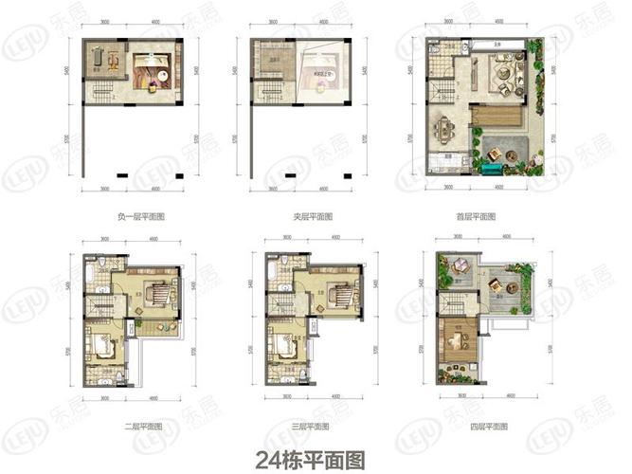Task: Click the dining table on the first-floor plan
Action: click(443, 127)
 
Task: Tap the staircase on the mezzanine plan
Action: click(270, 92)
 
